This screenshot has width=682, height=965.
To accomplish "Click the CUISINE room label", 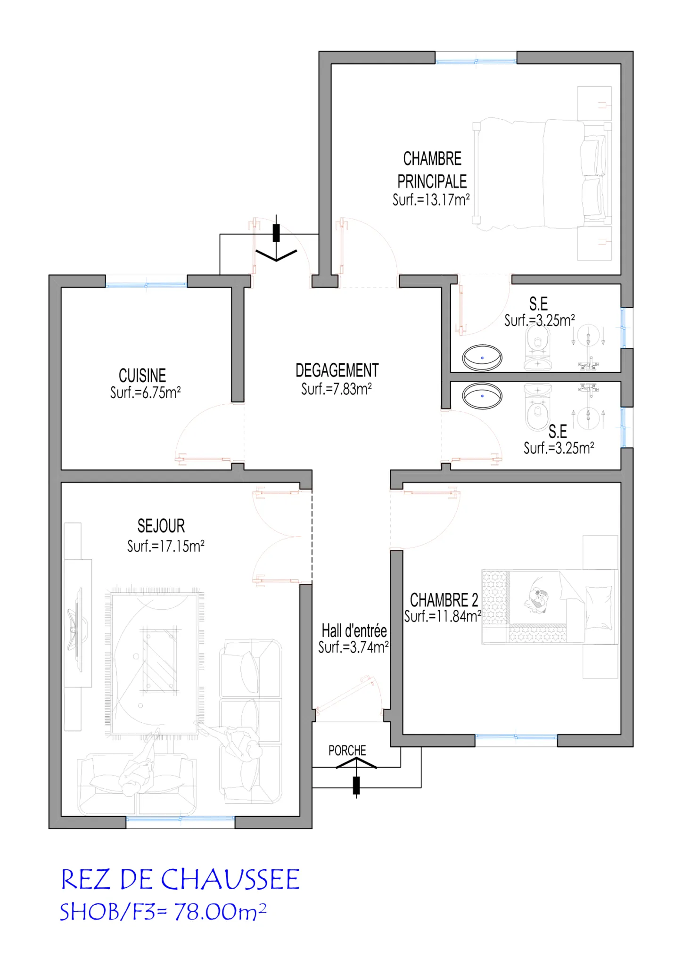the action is coord(142,376).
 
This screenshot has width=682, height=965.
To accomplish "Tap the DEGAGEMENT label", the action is coord(337,370).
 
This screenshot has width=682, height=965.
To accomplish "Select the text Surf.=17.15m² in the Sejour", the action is coord(166,546).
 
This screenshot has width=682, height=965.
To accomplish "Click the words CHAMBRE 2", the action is coord(444,600).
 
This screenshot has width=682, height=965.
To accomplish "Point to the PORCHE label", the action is coord(347,750).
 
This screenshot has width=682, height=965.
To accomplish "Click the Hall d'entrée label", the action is coord(354,630).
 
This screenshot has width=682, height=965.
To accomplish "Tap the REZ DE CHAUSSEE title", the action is coord(181,879).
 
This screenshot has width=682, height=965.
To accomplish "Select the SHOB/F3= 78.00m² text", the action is coord(163,912).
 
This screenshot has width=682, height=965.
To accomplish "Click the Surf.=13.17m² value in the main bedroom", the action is coord(431,200).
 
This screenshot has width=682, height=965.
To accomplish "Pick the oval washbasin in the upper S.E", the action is coord(482,358).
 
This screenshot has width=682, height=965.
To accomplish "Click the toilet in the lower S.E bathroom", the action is coord(538,408).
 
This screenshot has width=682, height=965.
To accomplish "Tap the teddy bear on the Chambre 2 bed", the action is coord(536,600).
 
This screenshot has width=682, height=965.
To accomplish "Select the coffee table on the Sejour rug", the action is coord(160,660).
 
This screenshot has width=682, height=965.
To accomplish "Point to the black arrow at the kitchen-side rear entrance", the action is coord(276,240).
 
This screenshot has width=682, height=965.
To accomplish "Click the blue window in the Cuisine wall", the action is coord(146,285).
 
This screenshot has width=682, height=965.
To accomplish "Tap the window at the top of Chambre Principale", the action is coord(476,61).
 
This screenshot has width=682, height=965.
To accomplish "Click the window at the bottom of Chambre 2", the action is coord(516,736).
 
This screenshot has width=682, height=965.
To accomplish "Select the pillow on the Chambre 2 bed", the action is coord(599,608).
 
